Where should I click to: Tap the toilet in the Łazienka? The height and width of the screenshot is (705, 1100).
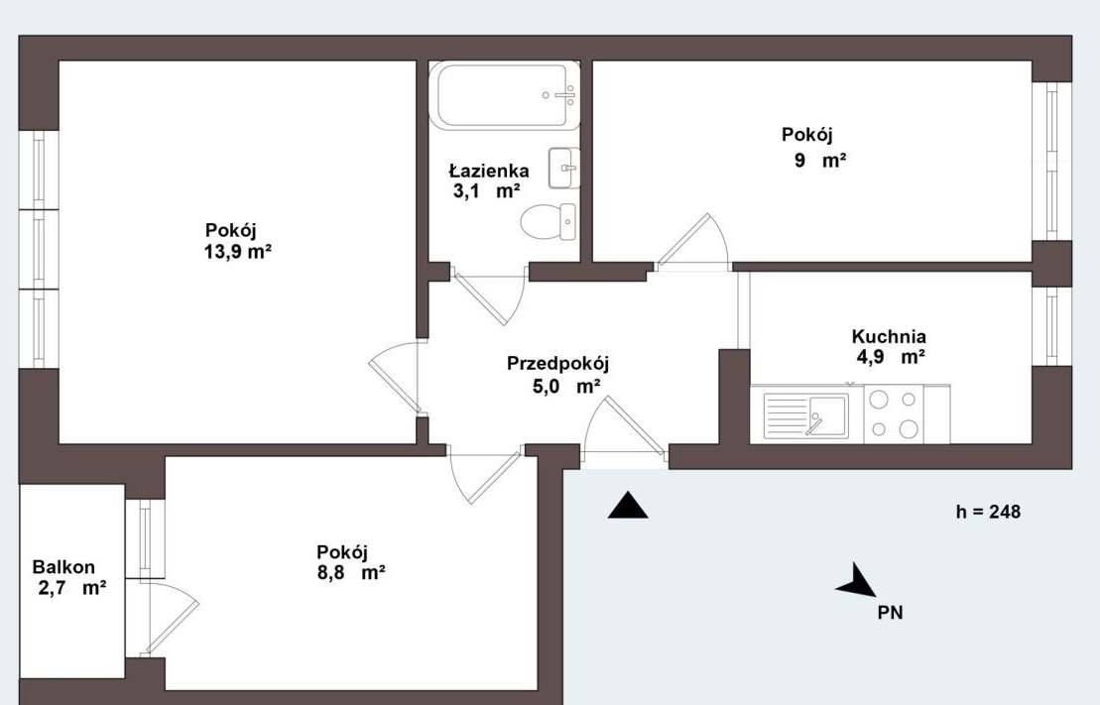[549, 222]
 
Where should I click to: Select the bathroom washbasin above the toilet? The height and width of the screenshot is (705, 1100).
[564, 168]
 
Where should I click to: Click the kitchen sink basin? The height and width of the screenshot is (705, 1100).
[806, 416]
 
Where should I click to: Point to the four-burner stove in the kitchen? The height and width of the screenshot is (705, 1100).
[893, 413]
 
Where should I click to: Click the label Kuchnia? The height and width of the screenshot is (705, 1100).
[888, 336]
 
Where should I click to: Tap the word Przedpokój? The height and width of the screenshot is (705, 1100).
[557, 363]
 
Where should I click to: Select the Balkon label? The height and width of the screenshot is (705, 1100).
[63, 567]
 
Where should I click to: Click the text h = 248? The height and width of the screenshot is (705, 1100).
[988, 512]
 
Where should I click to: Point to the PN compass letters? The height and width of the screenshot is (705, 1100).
[891, 613]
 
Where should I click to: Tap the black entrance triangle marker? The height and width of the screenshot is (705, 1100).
[628, 505]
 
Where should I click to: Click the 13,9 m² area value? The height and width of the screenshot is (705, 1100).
[238, 252]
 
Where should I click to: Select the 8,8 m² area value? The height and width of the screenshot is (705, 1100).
[351, 572]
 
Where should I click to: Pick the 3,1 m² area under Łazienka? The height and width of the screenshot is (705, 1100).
[486, 190]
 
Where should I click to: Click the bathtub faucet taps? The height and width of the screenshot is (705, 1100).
[560, 95]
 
